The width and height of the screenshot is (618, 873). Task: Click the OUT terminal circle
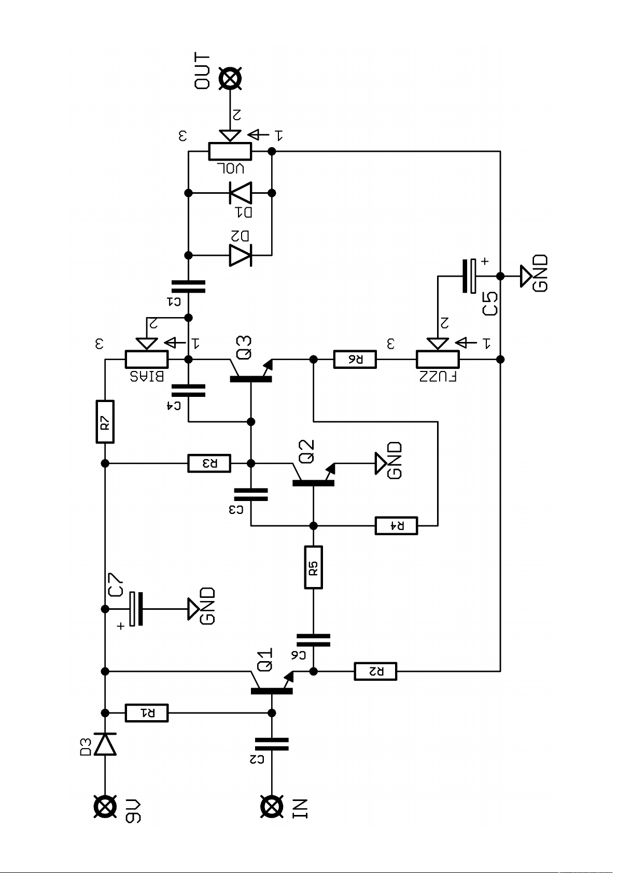pyautogui.click(x=230, y=79)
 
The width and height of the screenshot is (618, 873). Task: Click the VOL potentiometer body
pyautogui.click(x=230, y=151)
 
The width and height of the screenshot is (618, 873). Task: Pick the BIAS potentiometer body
pyautogui.click(x=147, y=360)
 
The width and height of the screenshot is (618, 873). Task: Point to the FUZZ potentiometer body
pyautogui.click(x=438, y=360)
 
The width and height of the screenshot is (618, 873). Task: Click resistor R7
pyautogui.click(x=105, y=422)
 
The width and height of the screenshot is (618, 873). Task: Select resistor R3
pyautogui.click(x=209, y=463)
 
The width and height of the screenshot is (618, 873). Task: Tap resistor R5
pyautogui.click(x=313, y=567)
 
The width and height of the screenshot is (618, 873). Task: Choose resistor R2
pyautogui.click(x=375, y=671)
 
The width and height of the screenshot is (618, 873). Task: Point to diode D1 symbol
pyautogui.click(x=241, y=193)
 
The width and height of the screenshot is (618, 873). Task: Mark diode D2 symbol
pyautogui.click(x=241, y=255)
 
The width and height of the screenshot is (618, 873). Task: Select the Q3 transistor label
pyautogui.click(x=244, y=347)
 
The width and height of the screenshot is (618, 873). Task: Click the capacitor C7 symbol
pyautogui.click(x=136, y=609)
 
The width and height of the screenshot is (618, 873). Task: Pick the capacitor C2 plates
pyautogui.click(x=272, y=743)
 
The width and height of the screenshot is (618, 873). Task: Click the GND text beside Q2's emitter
pyautogui.click(x=394, y=460)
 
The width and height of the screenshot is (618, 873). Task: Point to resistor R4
pyautogui.click(x=396, y=526)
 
